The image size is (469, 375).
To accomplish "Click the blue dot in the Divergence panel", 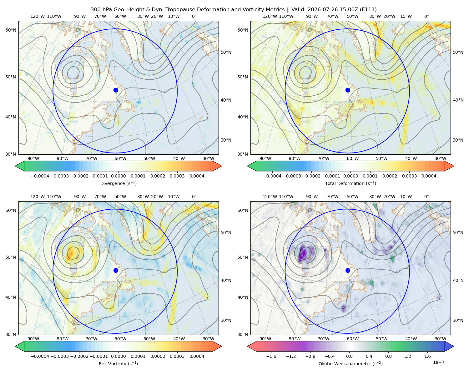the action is coord(116,90).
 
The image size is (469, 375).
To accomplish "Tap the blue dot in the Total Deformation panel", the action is coord(348,90).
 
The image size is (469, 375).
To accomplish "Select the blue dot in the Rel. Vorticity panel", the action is coord(116,270).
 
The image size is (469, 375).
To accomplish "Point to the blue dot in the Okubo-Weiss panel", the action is coord(348,270).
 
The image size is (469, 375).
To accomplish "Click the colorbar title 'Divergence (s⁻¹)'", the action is coord(118,183).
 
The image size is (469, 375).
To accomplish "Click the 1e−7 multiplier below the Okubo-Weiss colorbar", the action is coord(438,362).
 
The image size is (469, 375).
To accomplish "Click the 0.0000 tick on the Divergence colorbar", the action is coord(118,176).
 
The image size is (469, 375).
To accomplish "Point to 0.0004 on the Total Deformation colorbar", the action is coord(429,176).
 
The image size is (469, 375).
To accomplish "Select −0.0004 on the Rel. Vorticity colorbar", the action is coord(40,356).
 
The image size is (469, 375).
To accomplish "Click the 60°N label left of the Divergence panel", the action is coord(11,30).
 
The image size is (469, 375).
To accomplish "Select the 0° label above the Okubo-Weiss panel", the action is coord(426,197).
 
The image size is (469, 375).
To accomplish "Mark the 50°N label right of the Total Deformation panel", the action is coord(458,52).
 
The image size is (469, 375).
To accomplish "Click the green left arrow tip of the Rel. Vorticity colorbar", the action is coord(15,346).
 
